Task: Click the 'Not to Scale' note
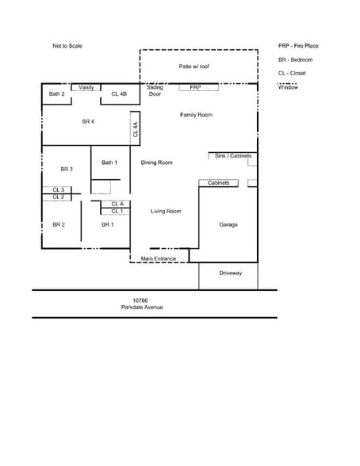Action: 67,46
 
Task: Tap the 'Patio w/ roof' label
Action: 195,67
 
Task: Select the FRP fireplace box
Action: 195,87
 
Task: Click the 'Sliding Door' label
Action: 155,90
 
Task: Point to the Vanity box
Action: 86,87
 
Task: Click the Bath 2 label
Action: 56,94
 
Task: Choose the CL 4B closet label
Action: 119,94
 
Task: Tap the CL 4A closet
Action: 136,128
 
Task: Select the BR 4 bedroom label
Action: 88,121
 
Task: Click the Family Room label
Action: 196,115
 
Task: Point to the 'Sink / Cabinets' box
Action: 233,156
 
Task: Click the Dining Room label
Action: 157,162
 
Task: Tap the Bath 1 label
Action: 109,162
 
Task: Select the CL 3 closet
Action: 59,190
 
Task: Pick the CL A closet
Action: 117,204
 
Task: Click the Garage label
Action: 228,224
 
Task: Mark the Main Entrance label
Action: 159,258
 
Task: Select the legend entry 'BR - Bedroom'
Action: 295,59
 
